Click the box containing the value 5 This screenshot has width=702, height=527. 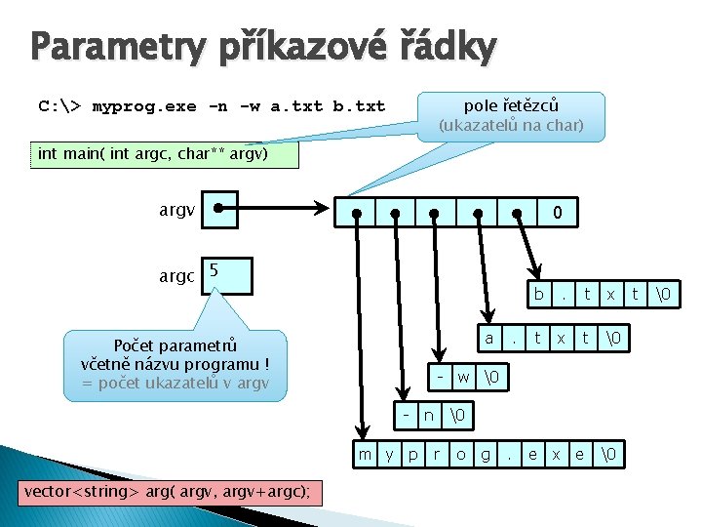point(226,275)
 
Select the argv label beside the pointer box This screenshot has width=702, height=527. point(177,209)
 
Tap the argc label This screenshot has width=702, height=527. point(177,276)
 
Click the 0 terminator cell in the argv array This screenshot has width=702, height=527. point(556,212)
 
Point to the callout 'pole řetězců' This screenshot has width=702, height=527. point(511,115)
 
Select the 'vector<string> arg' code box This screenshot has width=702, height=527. point(167,491)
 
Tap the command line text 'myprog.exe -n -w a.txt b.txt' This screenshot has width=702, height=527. point(238,105)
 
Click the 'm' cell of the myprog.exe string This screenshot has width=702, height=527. point(365,455)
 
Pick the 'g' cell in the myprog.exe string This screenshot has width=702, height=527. point(485,455)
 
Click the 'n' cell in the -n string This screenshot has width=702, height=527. point(429,415)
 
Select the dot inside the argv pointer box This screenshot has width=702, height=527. point(219,208)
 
